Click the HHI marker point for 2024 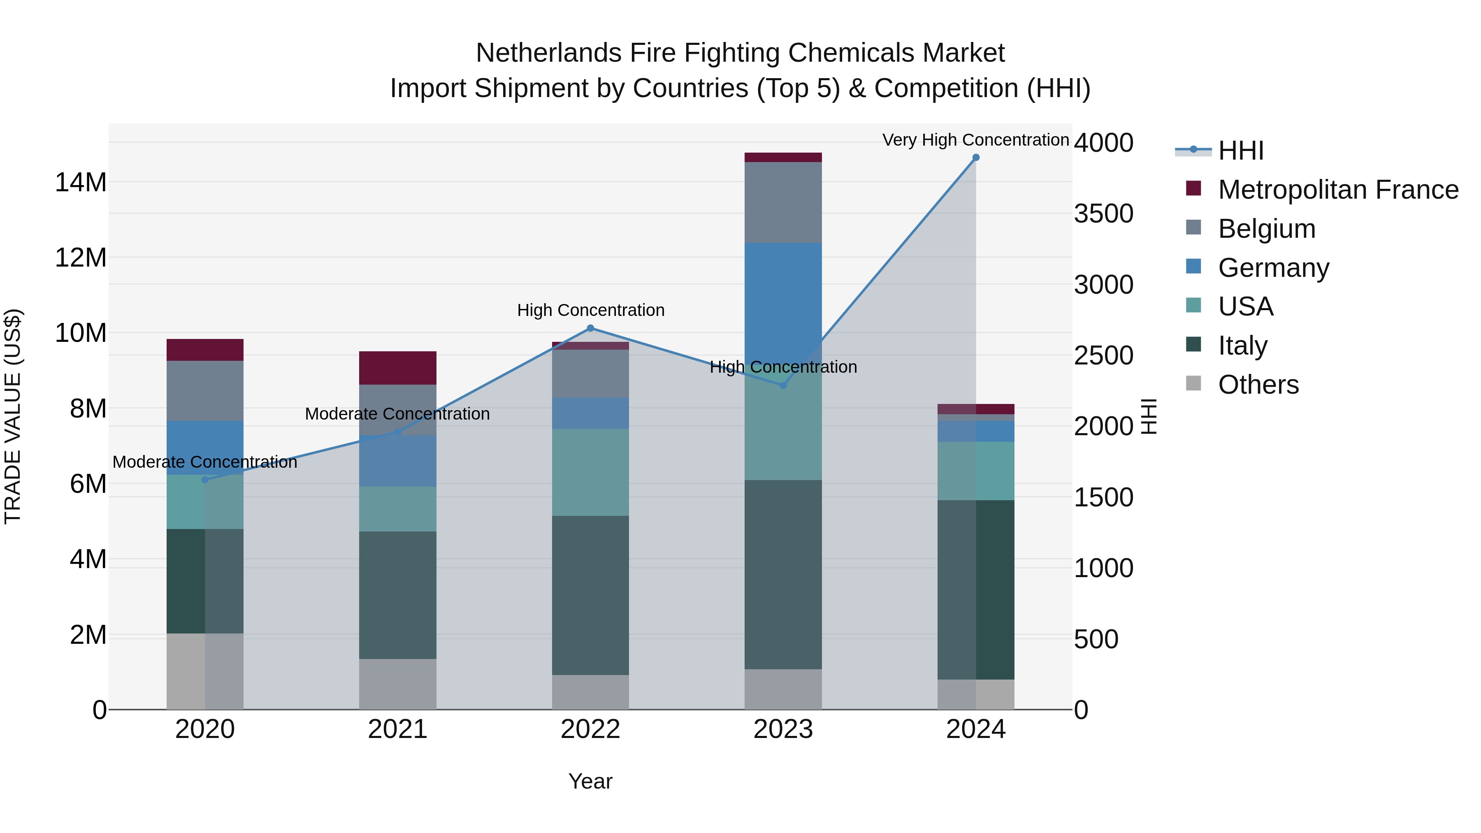(976, 158)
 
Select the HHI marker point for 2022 (590, 328)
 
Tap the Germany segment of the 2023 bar (783, 299)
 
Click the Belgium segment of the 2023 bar (783, 202)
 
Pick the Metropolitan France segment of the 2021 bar (398, 368)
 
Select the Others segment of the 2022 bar (590, 692)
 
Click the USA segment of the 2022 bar (590, 472)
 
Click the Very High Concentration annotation (976, 140)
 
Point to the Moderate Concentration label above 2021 (397, 414)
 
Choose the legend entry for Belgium (1267, 229)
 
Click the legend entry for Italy (1242, 346)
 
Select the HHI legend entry (1241, 151)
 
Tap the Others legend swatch (1193, 383)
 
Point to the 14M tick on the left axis (81, 183)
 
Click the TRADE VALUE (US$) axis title (13, 416)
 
